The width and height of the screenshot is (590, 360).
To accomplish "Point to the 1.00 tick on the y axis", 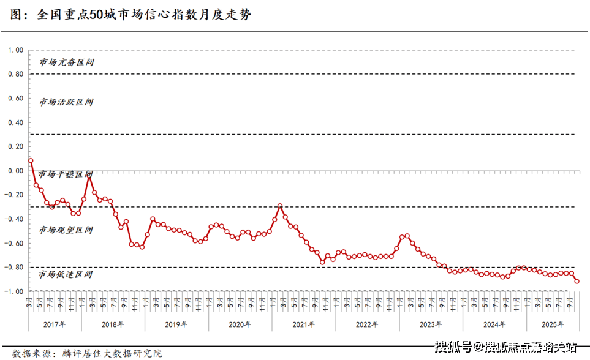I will pyautogui.click(x=14, y=50).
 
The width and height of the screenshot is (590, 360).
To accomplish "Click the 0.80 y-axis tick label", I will pyautogui.click(x=14, y=74).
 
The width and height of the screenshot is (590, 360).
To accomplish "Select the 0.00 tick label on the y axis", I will pyautogui.click(x=14, y=171).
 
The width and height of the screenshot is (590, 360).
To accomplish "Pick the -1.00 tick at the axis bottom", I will pyautogui.click(x=13, y=291).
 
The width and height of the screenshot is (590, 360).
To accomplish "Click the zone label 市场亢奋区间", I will pyautogui.click(x=67, y=62).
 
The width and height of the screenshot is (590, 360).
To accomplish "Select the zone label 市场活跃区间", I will pyautogui.click(x=67, y=102).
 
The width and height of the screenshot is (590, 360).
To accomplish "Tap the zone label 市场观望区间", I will pyautogui.click(x=66, y=230).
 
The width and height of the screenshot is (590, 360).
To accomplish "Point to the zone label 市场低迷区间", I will pyautogui.click(x=66, y=274).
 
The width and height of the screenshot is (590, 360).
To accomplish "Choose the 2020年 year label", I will pyautogui.click(x=240, y=324).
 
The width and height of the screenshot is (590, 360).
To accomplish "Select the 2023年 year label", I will pyautogui.click(x=431, y=324).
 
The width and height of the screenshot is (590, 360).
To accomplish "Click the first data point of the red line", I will pyautogui.click(x=31, y=160).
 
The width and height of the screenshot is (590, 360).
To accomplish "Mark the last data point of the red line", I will pyautogui.click(x=577, y=281).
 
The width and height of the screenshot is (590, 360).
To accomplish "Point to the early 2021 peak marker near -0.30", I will pyautogui.click(x=280, y=206).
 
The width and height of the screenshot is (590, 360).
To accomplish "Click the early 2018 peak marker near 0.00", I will pyautogui.click(x=89, y=174).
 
